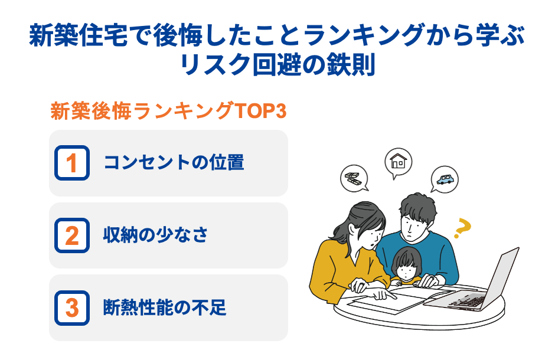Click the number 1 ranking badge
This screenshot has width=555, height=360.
(71, 163)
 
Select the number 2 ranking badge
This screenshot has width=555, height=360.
(71, 235)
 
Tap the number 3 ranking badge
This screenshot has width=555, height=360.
(71, 308)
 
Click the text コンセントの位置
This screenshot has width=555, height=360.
(174, 163)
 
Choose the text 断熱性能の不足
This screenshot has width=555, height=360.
(165, 308)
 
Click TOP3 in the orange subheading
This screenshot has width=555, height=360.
(260, 112)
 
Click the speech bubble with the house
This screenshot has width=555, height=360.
(399, 161)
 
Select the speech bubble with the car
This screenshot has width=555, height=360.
(444, 179)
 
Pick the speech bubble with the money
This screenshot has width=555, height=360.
(354, 178)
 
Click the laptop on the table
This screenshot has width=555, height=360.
(481, 283)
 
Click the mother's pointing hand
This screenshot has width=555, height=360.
(384, 293)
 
